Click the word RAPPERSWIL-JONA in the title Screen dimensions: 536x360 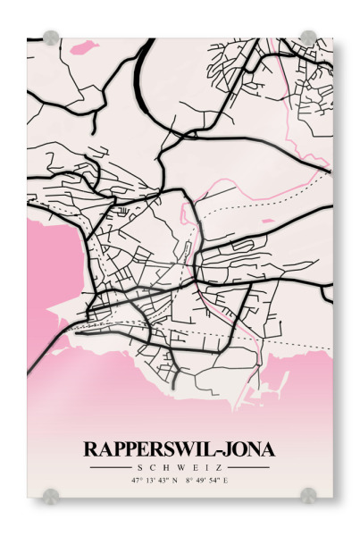[180, 449]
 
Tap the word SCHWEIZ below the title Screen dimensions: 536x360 [180, 467]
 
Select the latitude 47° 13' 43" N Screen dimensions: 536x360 [155, 481]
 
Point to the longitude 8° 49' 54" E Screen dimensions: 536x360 [207, 481]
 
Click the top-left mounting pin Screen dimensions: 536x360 [51, 38]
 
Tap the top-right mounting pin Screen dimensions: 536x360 [308, 38]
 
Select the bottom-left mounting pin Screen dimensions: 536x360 [51, 494]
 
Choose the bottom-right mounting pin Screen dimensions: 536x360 [308, 494]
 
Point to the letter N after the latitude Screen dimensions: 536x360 [175, 481]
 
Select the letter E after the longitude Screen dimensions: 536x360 [226, 481]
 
